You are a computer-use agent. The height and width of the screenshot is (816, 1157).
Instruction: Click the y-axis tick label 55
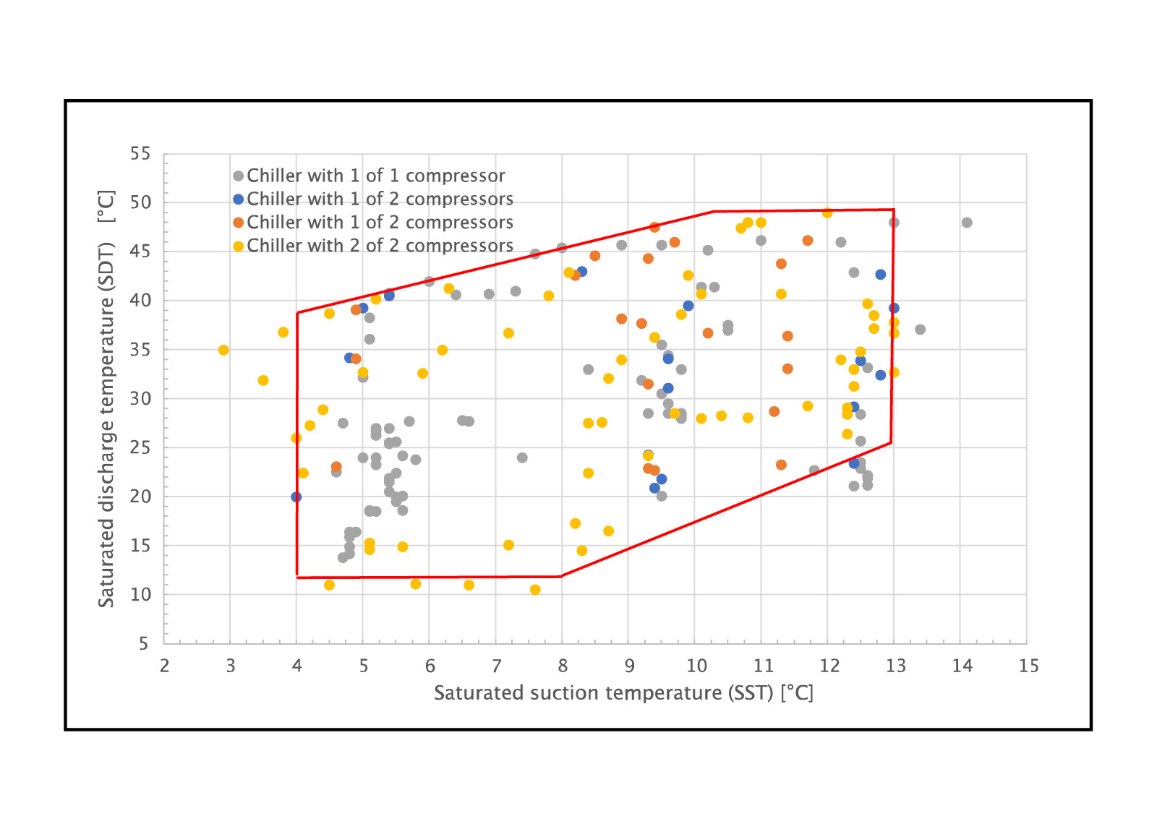click(140, 154)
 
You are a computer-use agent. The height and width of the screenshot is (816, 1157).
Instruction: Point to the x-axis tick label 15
click(1028, 666)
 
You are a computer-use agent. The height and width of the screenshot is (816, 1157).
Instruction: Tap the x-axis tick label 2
click(164, 666)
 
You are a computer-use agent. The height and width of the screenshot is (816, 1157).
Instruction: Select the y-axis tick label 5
click(144, 644)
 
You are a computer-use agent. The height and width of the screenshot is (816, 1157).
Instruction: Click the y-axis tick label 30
click(140, 399)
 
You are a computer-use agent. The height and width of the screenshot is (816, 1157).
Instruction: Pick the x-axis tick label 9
click(629, 666)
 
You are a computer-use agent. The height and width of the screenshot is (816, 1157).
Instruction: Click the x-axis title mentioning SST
click(623, 693)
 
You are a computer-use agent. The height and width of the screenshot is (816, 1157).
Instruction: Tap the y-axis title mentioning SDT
click(106, 398)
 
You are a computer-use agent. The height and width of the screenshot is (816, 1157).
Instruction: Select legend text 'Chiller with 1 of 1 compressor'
click(375, 176)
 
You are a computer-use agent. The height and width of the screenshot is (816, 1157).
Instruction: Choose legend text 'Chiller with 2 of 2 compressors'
click(380, 246)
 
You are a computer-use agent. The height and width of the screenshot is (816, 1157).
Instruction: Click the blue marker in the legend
click(238, 199)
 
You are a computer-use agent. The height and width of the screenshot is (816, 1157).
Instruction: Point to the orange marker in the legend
click(238, 223)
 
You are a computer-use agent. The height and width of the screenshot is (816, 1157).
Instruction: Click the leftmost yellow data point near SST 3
click(223, 350)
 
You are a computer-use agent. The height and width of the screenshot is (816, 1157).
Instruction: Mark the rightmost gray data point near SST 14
click(967, 223)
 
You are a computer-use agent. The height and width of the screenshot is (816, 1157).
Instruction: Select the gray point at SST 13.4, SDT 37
click(920, 330)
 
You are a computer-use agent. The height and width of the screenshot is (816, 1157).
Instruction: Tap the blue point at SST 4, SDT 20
click(296, 497)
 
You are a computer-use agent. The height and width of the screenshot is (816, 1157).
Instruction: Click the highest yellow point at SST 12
click(827, 212)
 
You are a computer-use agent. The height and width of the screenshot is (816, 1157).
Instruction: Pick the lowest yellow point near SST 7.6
click(535, 590)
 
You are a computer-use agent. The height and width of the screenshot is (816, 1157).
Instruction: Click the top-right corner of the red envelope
click(894, 210)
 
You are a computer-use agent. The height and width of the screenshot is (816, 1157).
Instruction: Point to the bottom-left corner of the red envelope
click(297, 577)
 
